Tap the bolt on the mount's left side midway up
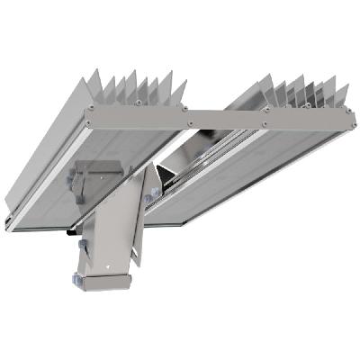click(x=79, y=244)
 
